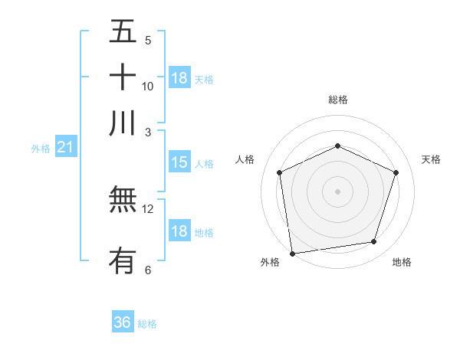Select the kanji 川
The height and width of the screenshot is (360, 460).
[x=123, y=123]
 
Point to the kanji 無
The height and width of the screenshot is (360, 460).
[x=123, y=201]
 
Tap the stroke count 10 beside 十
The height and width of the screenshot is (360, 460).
[x=148, y=86]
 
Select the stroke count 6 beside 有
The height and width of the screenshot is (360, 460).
[x=148, y=270]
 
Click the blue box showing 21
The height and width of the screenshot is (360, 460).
[x=64, y=146]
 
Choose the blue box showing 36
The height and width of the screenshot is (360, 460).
[x=123, y=322]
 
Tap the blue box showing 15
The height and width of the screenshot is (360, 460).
[x=179, y=162]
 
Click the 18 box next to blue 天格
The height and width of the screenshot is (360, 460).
[x=179, y=78]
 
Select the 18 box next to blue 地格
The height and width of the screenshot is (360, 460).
[x=179, y=231]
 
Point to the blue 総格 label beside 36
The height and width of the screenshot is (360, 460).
[x=147, y=324]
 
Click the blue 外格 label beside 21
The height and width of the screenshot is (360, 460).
[x=41, y=149]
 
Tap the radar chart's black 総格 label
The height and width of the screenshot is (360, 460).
[x=337, y=100]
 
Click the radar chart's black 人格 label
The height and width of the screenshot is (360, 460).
[x=245, y=159]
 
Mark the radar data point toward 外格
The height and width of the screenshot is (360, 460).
[x=292, y=253]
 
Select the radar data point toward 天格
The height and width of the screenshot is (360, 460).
[x=396, y=172]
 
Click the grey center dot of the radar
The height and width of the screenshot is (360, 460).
[x=337, y=191]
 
